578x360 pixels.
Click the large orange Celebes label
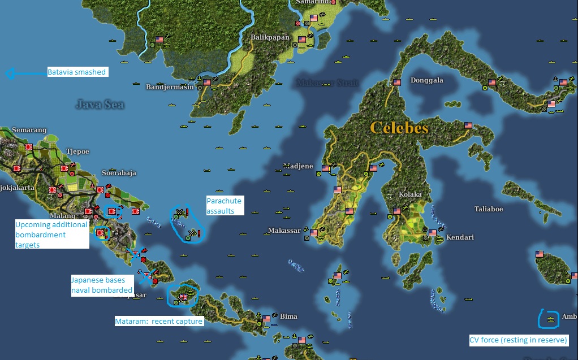pyautogui.click(x=399, y=128)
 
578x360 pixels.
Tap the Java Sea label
pyautogui.click(x=100, y=104)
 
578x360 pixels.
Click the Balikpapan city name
pyautogui.click(x=270, y=38)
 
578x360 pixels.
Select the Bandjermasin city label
pyautogui.click(x=170, y=87)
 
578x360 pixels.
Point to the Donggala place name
pyautogui.click(x=426, y=80)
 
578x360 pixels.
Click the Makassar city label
pyautogui.click(x=284, y=231)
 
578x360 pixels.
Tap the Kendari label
pyautogui.click(x=460, y=237)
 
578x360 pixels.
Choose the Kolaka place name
pyautogui.click(x=410, y=194)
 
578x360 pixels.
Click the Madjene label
pyautogui.click(x=298, y=167)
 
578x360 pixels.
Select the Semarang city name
pyautogui.click(x=29, y=130)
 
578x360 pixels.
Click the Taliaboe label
pyautogui.click(x=489, y=209)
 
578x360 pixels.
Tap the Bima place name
pyautogui.click(x=288, y=316)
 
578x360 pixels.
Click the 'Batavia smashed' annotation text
pyautogui.click(x=77, y=72)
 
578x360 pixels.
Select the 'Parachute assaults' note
pyautogui.click(x=223, y=206)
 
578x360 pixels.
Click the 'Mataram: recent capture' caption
pyautogui.click(x=158, y=322)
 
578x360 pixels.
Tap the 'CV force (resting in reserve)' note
pyautogui.click(x=518, y=340)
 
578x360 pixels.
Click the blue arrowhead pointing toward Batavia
pyautogui.click(x=8, y=73)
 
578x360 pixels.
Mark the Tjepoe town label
pyautogui.click(x=78, y=151)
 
